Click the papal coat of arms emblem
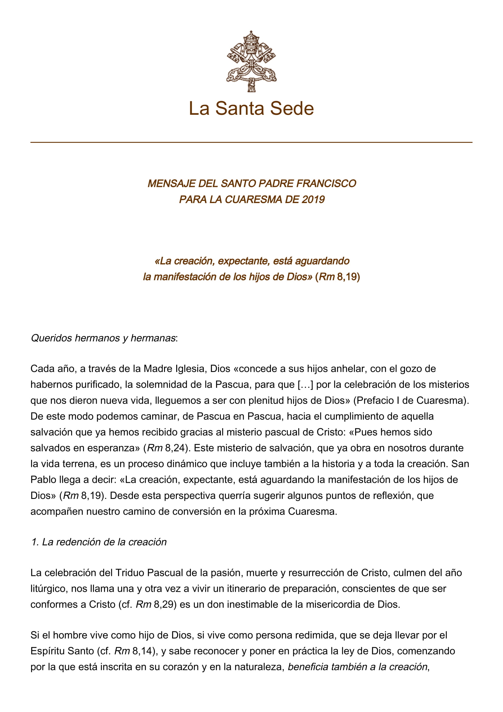click(251, 61)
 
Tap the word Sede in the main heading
click(292, 109)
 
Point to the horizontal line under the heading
click(251, 142)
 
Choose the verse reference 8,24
click(175, 448)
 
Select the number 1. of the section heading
click(35, 542)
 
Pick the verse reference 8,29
click(165, 605)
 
